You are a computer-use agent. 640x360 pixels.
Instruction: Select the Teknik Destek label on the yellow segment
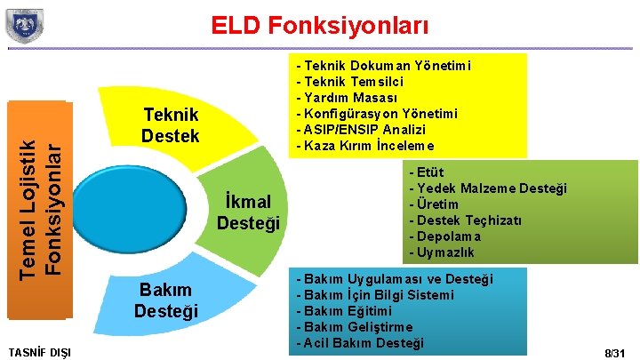click(x=170, y=126)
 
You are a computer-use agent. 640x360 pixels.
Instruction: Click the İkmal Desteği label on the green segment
click(x=249, y=212)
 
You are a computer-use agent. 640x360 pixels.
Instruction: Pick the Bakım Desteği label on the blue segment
click(x=166, y=300)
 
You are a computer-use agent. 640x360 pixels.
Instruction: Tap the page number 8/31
click(x=615, y=353)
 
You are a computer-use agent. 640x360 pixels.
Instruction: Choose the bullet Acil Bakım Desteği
click(x=364, y=343)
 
